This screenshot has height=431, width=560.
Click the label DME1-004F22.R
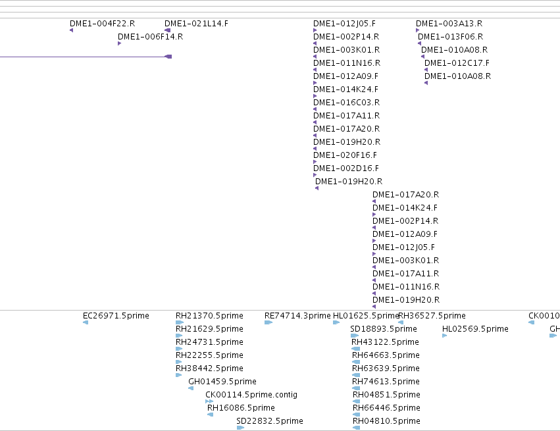coord(102,24)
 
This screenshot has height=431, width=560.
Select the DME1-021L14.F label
coord(196,24)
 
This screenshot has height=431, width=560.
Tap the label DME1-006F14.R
coord(150,37)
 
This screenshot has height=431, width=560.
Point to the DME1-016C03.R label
coord(346,103)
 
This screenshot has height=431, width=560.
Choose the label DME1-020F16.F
coord(345,155)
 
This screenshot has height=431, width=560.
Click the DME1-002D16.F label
coord(346,168)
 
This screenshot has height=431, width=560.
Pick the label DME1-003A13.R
coord(449,24)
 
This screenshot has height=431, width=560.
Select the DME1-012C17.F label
coord(457,63)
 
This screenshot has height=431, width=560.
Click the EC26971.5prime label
coord(116,316)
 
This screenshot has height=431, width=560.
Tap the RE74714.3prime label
coord(297,316)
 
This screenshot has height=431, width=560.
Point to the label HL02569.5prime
coord(475,329)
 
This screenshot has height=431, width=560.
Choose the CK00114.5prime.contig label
coord(251,395)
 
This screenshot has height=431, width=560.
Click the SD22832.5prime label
coord(270,421)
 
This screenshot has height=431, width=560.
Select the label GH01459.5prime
coord(222,382)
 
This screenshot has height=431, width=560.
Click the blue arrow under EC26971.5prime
coord(86,322)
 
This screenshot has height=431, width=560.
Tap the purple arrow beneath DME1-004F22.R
coord(72,30)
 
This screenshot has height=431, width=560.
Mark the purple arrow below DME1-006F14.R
coord(120,43)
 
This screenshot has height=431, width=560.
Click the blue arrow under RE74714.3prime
coord(268,322)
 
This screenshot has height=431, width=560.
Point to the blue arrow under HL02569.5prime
coord(445,336)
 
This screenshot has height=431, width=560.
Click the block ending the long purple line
coord(168,57)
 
